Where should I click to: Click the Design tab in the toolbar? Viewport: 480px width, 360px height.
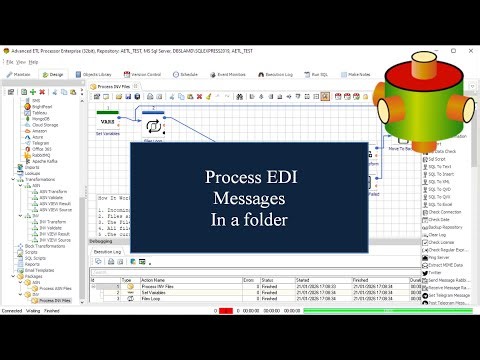[x=56, y=74]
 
